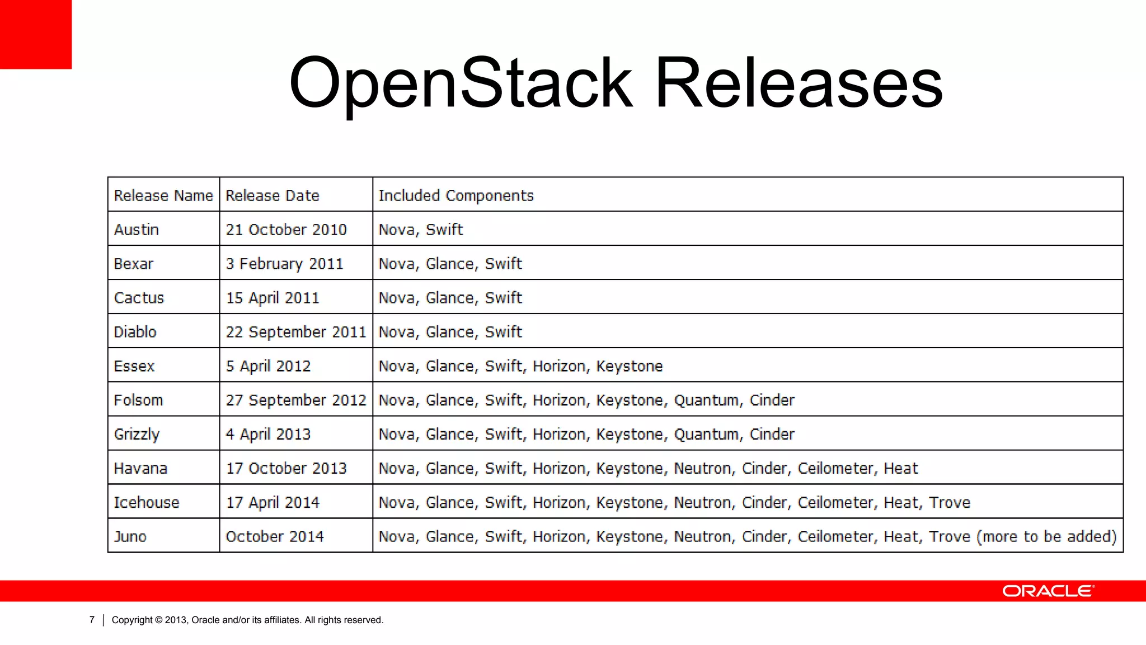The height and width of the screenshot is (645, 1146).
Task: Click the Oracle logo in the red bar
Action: pyautogui.click(x=1048, y=591)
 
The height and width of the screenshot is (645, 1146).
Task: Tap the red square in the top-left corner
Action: pyautogui.click(x=35, y=34)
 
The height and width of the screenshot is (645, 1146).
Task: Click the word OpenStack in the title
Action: pyautogui.click(x=460, y=83)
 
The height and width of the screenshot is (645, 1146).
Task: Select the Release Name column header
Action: pyautogui.click(x=163, y=195)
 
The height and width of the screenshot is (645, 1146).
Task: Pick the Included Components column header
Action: pyautogui.click(x=456, y=195)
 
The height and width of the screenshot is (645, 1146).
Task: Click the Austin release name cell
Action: pyautogui.click(x=137, y=230)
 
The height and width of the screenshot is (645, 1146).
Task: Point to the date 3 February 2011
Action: pyautogui.click(x=284, y=264)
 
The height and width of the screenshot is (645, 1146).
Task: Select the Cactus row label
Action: pyautogui.click(x=139, y=298)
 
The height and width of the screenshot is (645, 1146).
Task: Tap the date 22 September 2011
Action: pyautogui.click(x=295, y=332)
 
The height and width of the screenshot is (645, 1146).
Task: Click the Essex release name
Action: pyautogui.click(x=134, y=366)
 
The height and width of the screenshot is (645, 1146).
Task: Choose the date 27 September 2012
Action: pyautogui.click(x=295, y=400)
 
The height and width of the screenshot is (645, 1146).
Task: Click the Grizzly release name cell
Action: pyautogui.click(x=137, y=434)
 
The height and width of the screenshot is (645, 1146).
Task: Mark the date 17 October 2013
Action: pyautogui.click(x=286, y=469)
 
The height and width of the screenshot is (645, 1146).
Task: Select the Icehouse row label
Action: pyautogui.click(x=147, y=503)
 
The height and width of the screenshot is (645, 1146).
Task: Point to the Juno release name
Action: pyautogui.click(x=130, y=537)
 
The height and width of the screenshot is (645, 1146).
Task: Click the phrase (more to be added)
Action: pyautogui.click(x=1046, y=536)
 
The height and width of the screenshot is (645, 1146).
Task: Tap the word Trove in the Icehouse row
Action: pyautogui.click(x=950, y=503)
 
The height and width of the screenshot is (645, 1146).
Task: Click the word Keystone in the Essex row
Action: pyautogui.click(x=630, y=366)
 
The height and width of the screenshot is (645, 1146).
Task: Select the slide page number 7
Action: pyautogui.click(x=92, y=620)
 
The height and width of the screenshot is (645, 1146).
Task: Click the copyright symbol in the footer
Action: pyautogui.click(x=159, y=620)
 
